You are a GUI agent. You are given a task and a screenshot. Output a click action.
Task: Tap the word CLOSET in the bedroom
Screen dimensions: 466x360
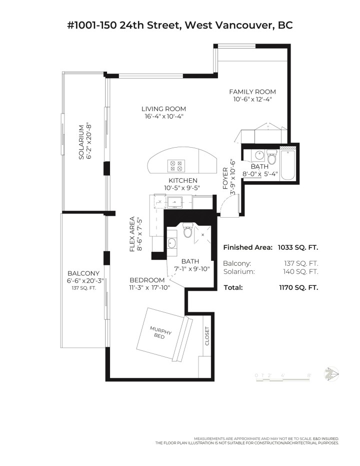coord(206,336)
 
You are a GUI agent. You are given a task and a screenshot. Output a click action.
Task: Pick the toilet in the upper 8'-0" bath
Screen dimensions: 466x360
coord(271,157)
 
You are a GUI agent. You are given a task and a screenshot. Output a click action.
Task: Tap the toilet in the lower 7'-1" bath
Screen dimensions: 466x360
coord(188,231)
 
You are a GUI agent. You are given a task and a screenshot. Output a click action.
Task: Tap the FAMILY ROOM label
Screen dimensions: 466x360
coord(252,92)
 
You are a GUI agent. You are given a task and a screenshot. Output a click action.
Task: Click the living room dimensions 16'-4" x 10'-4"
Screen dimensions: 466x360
coord(163,117)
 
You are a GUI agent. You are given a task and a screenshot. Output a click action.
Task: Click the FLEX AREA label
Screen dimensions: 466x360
coord(132,234)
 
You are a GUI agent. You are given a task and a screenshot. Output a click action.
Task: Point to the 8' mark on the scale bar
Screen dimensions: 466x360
coord(309,374)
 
